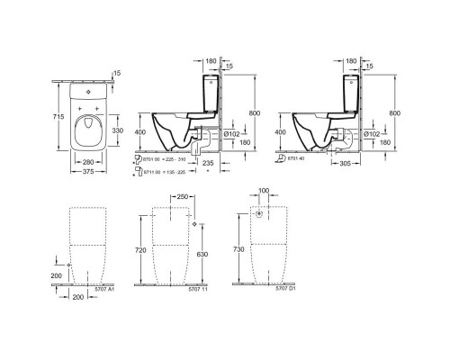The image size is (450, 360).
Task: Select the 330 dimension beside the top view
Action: pos(130,130)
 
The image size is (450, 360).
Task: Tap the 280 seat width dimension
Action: pos(88,163)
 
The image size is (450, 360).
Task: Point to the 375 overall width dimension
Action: pos(88,173)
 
